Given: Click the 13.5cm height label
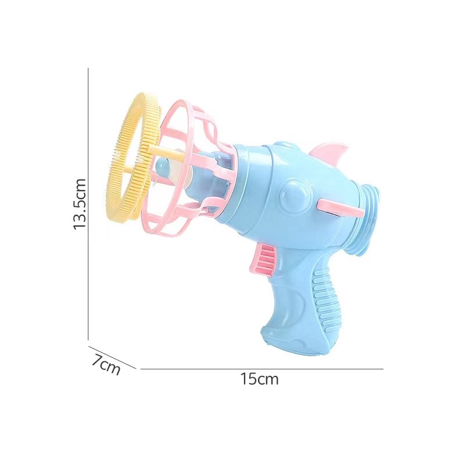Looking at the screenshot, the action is pyautogui.click(x=80, y=204).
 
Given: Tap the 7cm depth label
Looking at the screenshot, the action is pyautogui.click(x=106, y=364).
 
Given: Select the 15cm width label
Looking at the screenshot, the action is pyautogui.click(x=259, y=379).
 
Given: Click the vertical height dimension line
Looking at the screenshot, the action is pyautogui.click(x=88, y=204).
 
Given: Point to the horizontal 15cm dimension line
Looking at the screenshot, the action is pyautogui.click(x=262, y=369).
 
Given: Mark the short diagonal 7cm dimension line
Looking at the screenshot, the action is pyautogui.click(x=112, y=357).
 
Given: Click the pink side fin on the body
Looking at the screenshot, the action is pyautogui.click(x=339, y=207).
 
